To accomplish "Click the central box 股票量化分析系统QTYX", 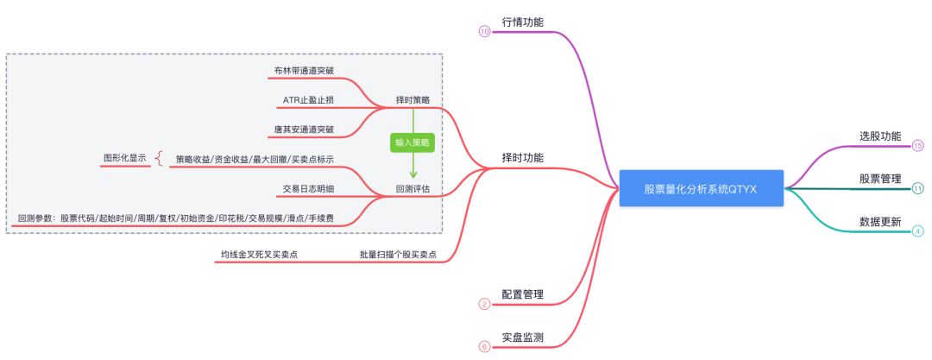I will tap(700, 188).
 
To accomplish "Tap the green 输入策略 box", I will tap(412, 142).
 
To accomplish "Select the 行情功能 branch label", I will tap(522, 22).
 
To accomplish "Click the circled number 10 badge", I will tap(484, 32).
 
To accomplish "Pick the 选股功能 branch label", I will tap(880, 136).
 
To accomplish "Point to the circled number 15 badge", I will tap(917, 146).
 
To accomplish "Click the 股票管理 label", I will tap(880, 179).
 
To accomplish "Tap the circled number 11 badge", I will tap(917, 188).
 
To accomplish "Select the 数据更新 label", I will tap(880, 222).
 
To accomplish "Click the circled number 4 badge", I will tap(917, 231).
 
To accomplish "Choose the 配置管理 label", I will tap(522, 294).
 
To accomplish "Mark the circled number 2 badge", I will tap(484, 304).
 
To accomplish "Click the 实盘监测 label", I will tap(522, 337).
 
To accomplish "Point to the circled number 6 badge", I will tap(484, 346).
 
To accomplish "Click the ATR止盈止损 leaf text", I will tap(308, 101).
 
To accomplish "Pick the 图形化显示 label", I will tap(124, 159).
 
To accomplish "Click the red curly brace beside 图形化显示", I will tap(159, 159).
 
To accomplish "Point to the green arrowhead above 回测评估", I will tap(412, 175).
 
